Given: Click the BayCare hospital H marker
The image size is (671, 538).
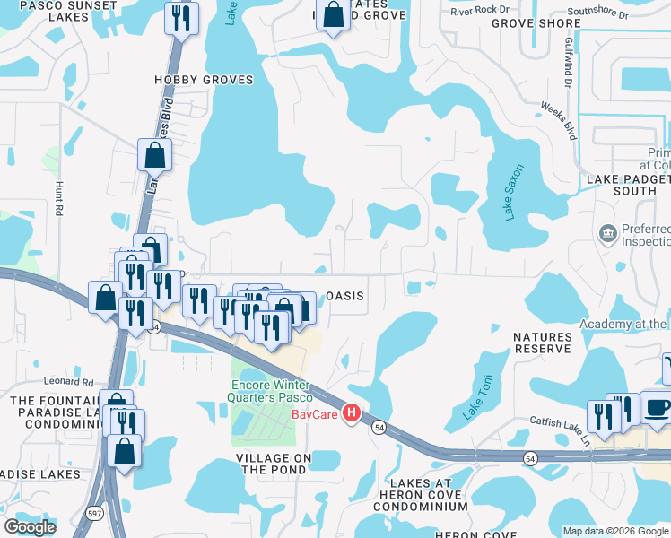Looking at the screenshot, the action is pos(352,413).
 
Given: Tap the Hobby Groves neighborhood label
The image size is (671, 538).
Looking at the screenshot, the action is pos(204,80).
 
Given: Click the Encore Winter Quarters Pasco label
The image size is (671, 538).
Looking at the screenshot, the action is pos(267,392).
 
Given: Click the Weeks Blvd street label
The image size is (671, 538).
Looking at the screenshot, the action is pos(557,120).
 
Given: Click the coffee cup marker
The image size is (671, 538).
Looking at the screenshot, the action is pos(657,407).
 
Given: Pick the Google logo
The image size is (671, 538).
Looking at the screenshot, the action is pos(30,526).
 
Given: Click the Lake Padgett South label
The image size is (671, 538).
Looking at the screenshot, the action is pos(627,185).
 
